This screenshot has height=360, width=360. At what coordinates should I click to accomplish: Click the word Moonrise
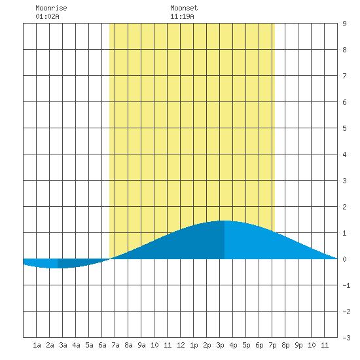pos(51,8)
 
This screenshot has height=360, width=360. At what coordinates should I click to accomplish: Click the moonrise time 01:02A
pos(47,16)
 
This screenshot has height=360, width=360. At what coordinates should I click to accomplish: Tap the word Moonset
pos(184,8)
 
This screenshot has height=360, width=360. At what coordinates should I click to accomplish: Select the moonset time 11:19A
pos(182,16)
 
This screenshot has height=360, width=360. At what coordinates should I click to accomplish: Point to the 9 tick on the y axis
pos(344,24)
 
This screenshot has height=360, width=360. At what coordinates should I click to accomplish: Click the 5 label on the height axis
pos(344,128)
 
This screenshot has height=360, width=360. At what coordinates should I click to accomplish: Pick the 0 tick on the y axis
pos(344,259)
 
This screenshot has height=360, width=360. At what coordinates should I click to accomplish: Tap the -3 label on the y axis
pos(346,338)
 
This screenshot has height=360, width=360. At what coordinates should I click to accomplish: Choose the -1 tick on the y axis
pos(346,285)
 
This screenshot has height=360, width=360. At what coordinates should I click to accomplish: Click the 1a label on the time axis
pos(37,345)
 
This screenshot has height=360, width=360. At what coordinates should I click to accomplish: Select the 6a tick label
pos(102,345)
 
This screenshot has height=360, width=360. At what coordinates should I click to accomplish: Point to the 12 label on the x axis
pos(181,345)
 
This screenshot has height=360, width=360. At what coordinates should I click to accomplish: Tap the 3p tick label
pos(220,345)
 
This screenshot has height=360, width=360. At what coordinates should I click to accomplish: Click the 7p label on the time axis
pos(272,345)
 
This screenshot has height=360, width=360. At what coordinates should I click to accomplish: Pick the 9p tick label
pos(298,345)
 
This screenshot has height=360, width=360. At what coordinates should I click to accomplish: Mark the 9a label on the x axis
pos(141,345)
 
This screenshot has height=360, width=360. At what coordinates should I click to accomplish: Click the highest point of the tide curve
pos(225,221)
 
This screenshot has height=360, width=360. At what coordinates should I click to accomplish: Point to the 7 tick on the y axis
pos(344,76)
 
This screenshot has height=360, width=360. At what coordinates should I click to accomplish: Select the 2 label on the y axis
pos(344,207)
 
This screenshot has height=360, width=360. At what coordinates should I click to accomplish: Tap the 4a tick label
pos(76,345)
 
